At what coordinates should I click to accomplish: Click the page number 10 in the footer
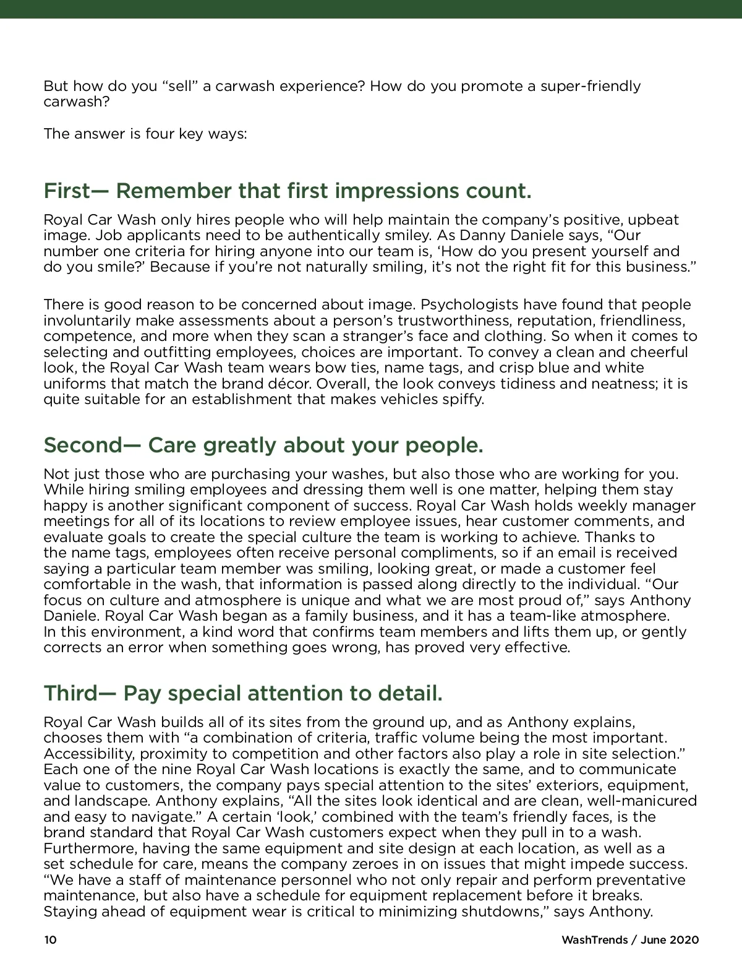pos(50,940)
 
